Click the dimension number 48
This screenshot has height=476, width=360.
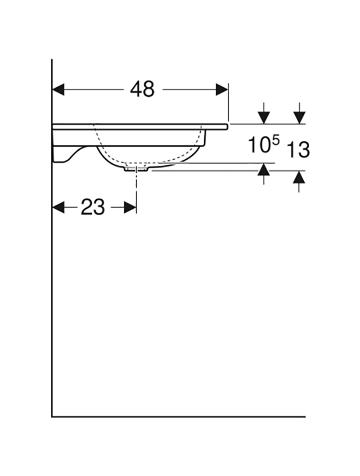click(142, 89)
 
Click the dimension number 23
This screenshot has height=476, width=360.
click(93, 207)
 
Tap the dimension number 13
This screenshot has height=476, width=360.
click(298, 149)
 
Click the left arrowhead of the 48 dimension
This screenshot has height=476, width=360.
click(58, 90)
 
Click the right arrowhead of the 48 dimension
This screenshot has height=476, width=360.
click(222, 90)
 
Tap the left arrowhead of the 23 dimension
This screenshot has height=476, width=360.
click(58, 208)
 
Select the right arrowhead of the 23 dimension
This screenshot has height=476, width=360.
click(130, 208)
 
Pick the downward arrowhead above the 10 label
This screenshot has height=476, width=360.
click(263, 118)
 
